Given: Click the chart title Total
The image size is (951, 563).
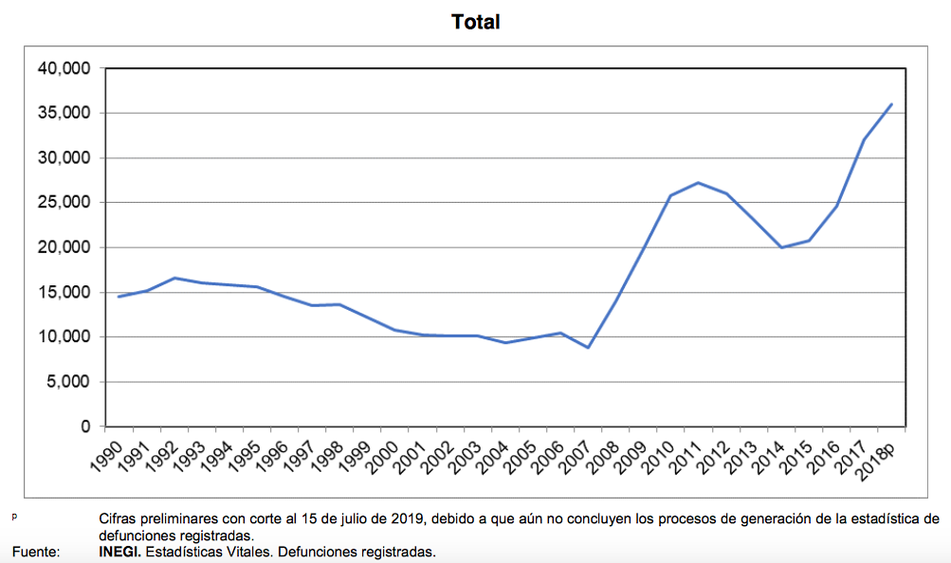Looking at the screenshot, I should pyautogui.click(x=476, y=22).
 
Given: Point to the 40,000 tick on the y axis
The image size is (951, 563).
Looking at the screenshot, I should pyautogui.click(x=63, y=69).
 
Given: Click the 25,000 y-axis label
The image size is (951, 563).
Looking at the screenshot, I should pyautogui.click(x=63, y=203).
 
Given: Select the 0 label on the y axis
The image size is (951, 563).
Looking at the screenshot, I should pyautogui.click(x=85, y=427).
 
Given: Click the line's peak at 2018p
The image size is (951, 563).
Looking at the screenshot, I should pyautogui.click(x=891, y=104).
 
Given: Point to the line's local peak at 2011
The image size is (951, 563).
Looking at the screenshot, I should pyautogui.click(x=698, y=183).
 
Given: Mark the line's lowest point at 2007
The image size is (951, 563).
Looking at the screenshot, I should pyautogui.click(x=588, y=348).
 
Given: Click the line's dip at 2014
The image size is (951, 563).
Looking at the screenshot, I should pyautogui.click(x=780, y=247).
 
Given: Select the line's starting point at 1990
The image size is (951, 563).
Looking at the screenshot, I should pyautogui.click(x=119, y=297).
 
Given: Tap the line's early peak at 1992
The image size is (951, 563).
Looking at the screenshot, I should pyautogui.click(x=174, y=278).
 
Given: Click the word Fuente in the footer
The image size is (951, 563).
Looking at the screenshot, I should pyautogui.click(x=35, y=551).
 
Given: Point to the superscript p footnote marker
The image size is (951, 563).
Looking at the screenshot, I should pyautogui.click(x=14, y=517).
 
